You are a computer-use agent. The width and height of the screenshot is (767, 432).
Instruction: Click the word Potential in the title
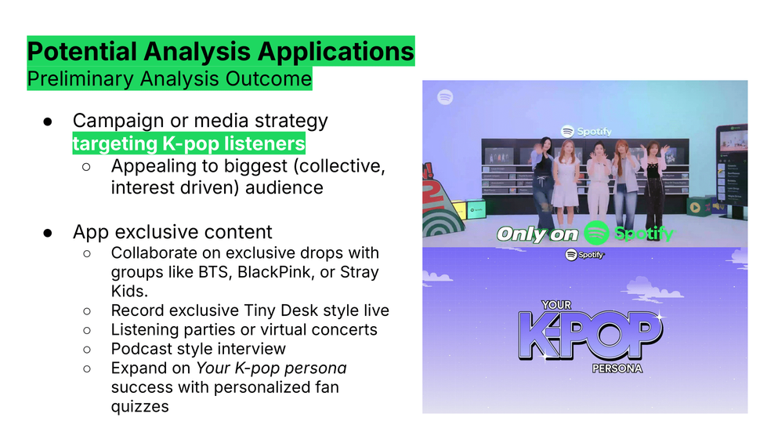81,52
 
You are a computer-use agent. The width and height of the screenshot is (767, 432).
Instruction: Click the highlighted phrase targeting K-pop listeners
189,143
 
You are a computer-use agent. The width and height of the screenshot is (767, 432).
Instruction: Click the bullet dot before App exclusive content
48,233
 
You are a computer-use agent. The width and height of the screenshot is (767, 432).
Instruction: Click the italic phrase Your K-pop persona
272,368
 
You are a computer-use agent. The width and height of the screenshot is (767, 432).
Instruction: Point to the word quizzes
140,407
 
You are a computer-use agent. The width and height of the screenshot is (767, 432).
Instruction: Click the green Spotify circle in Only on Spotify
596,233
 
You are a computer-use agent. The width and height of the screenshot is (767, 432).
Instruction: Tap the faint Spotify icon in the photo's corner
445,97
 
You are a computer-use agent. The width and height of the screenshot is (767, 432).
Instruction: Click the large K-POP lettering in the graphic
591,335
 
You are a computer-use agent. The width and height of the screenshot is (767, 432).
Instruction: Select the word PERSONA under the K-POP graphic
617,368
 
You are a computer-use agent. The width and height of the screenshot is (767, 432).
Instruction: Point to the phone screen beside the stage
733,171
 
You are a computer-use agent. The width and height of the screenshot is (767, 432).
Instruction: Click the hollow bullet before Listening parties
87,330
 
